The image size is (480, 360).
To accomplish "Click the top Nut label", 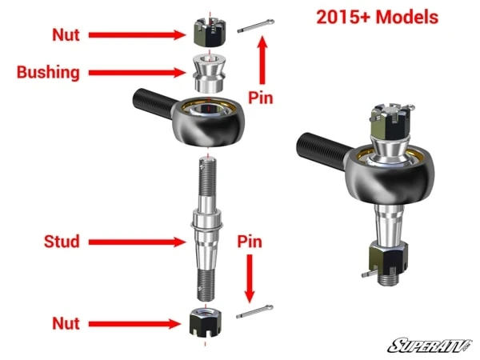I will tap(66, 34).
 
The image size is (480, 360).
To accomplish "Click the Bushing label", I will tap(49, 72).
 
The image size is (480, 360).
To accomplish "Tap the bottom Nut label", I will tap(66, 323).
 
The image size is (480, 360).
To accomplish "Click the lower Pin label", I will tap(252, 239).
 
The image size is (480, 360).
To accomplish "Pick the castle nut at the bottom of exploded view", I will tap(207, 322).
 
